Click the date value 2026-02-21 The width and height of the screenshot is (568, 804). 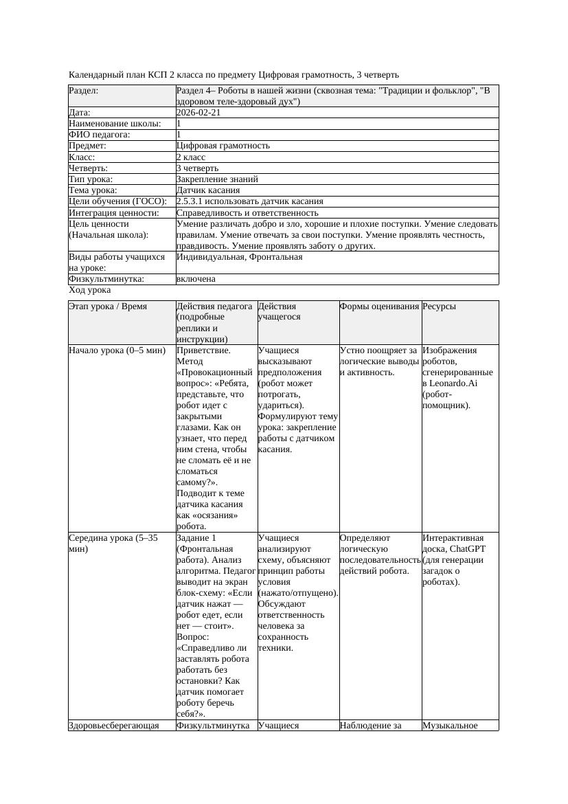coord(198,113)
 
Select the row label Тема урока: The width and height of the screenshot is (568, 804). coord(93,190)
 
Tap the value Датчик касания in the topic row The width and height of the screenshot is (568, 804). coord(208,190)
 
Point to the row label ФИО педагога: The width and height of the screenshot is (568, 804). coord(100,135)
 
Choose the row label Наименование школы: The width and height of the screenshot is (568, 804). coord(115,124)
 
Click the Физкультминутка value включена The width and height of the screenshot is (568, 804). coord(196,279)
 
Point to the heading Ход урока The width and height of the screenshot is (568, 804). coord(89,291)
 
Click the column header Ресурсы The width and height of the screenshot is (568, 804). coord(440,306)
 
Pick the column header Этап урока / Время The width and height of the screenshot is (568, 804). coord(108,306)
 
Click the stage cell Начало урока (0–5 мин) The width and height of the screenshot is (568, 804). coord(117,350)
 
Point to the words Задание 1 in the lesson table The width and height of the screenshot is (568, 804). coord(196,538)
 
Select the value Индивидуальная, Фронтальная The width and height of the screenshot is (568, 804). coord(239,257)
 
